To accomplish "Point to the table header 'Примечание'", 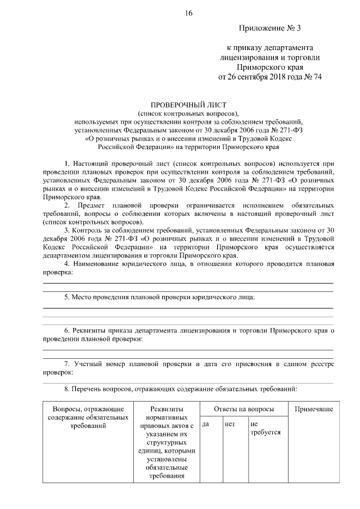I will click(313, 409).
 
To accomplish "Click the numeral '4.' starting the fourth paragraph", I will click(67, 264).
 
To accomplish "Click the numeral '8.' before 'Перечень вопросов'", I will click(67, 389).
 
